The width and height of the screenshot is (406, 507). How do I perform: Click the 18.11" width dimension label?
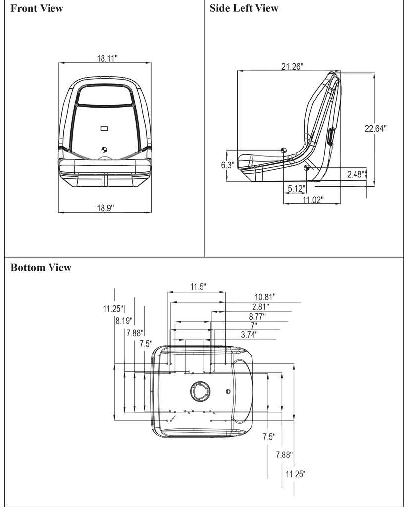point(106,58)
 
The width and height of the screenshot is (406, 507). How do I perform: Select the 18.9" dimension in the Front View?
point(105,208)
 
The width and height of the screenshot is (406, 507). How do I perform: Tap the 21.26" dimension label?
point(292,66)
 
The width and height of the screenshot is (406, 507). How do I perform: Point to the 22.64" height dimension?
point(375,128)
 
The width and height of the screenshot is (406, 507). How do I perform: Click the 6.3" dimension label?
point(227,165)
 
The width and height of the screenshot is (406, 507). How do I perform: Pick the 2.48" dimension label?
point(356,174)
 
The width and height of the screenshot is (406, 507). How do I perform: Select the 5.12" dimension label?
point(297,188)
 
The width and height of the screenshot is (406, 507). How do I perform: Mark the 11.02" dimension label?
point(312,200)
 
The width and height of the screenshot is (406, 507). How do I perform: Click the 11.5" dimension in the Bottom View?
point(198,287)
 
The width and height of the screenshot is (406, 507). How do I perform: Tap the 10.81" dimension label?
point(265,297)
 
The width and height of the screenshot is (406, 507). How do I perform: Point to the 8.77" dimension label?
point(257,316)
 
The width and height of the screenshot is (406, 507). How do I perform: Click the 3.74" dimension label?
point(249,335)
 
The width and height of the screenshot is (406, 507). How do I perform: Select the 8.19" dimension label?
point(124,320)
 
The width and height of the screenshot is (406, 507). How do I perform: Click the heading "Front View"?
point(37,8)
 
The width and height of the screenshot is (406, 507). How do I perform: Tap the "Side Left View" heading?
point(244,8)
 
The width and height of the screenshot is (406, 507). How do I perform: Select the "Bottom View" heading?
point(41,268)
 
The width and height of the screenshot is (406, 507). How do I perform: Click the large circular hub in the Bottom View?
point(200,392)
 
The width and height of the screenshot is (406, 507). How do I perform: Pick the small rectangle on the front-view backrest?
point(104,128)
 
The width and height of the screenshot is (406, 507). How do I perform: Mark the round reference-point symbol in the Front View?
point(104,149)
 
